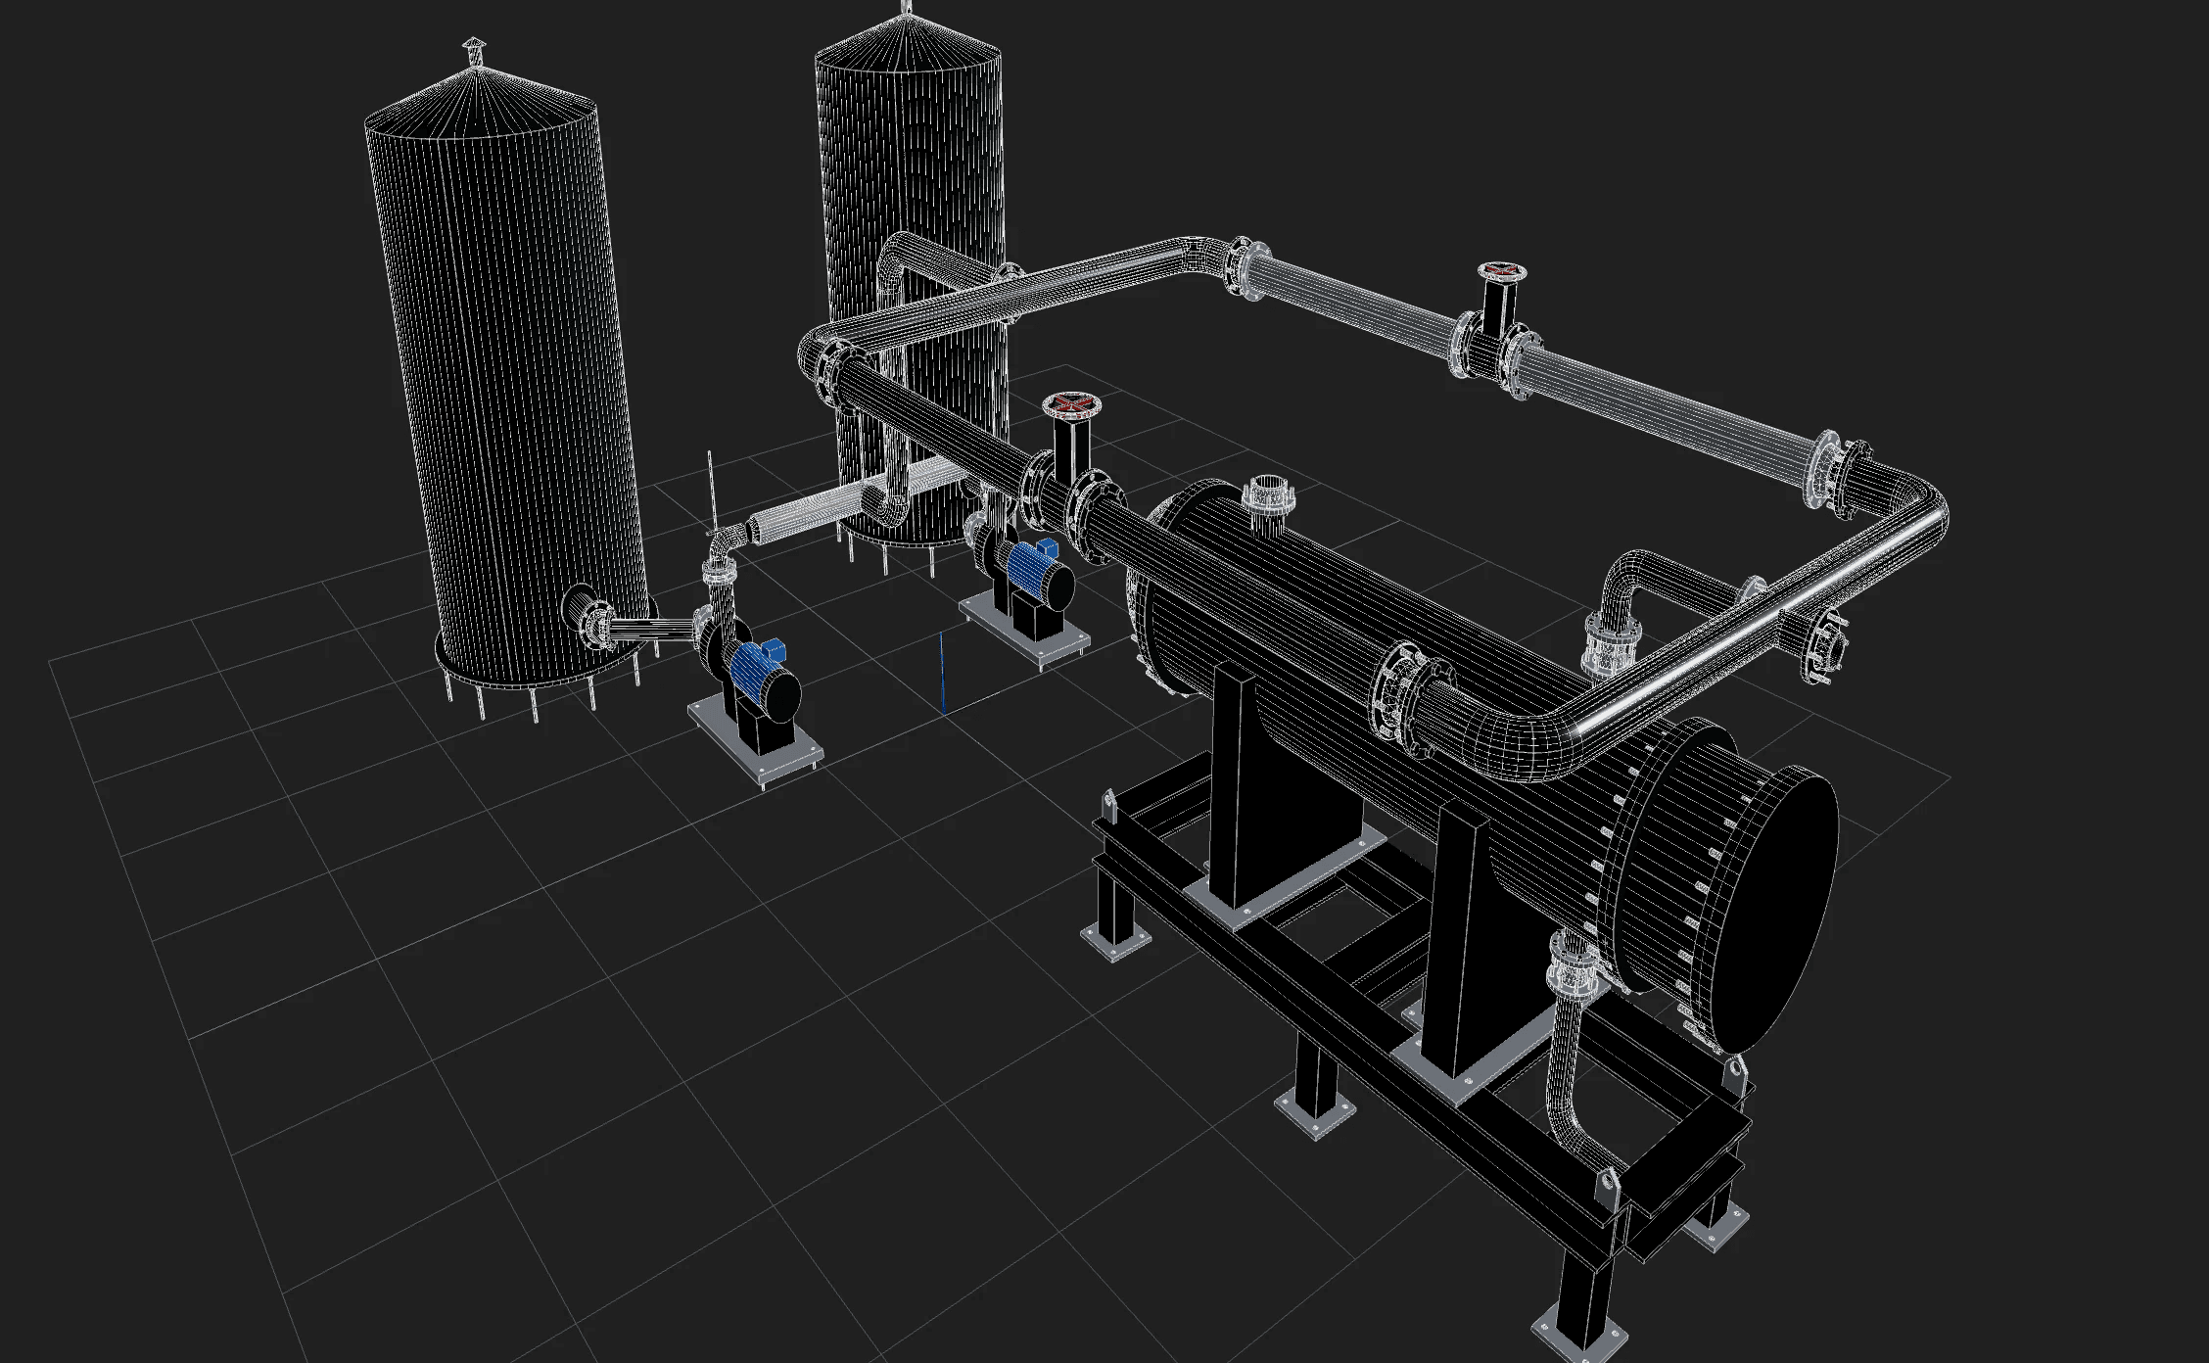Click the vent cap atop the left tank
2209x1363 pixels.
click(473, 48)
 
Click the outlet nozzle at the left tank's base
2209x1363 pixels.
click(592, 622)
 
